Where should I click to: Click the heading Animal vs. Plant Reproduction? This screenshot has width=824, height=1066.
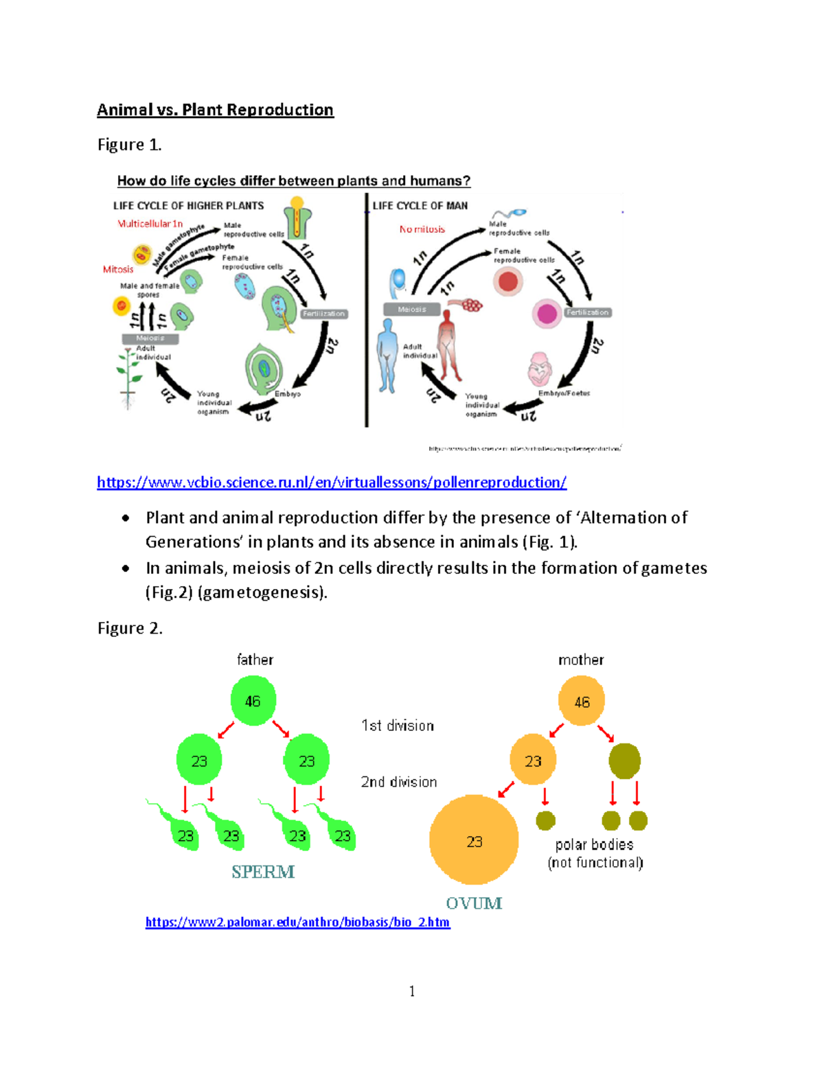click(x=215, y=110)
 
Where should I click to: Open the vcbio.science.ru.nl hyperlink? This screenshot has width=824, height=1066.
click(x=332, y=483)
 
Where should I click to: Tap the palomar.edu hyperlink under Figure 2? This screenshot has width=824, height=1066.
click(x=297, y=922)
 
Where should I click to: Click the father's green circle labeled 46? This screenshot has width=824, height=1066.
click(x=253, y=701)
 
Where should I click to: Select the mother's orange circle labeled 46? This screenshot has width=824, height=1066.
click(x=582, y=702)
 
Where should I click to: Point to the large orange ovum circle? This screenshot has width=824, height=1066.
click(x=474, y=840)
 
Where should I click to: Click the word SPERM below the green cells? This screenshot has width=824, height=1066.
click(x=263, y=872)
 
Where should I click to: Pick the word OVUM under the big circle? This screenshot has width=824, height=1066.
click(x=474, y=903)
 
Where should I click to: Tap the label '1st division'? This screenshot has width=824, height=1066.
click(x=398, y=726)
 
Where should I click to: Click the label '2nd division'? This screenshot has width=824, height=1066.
click(x=399, y=782)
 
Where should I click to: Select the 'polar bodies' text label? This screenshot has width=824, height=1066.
click(x=594, y=845)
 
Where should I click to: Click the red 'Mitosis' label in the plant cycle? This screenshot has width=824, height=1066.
click(x=118, y=269)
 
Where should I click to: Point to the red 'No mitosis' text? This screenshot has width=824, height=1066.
click(x=422, y=229)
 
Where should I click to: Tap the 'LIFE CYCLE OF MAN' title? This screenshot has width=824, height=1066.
click(x=420, y=205)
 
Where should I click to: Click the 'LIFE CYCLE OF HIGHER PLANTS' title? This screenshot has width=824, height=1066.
click(x=188, y=205)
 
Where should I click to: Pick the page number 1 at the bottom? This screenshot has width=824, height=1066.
click(x=412, y=991)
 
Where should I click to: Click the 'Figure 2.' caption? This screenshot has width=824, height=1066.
click(x=130, y=628)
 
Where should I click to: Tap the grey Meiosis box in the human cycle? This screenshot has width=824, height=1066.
click(x=412, y=310)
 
